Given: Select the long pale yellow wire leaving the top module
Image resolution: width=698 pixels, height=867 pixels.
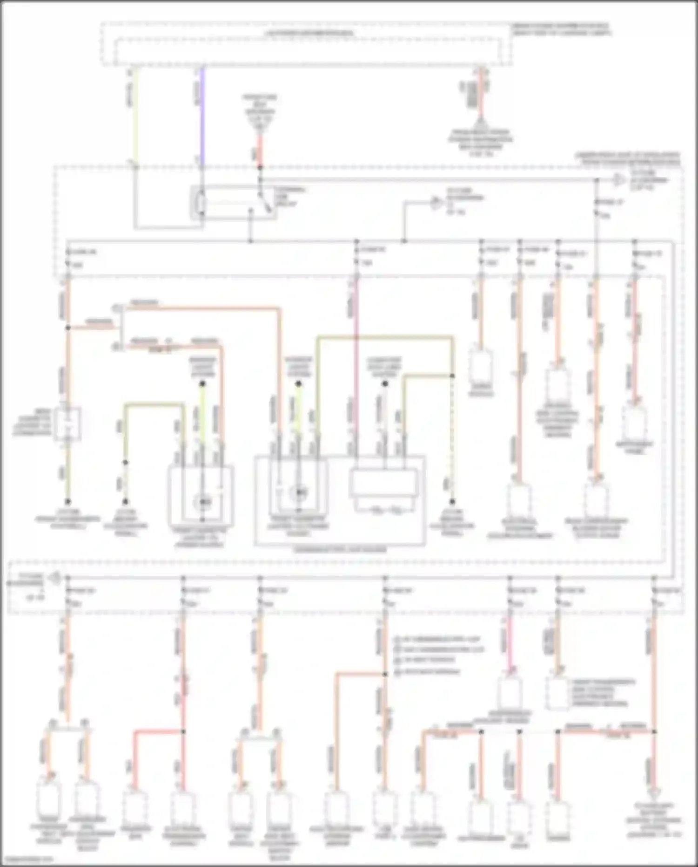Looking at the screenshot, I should [x=134, y=116].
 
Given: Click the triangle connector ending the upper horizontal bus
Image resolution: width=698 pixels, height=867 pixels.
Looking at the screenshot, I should [x=618, y=179].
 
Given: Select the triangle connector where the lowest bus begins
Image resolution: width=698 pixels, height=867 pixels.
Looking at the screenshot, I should [x=55, y=578].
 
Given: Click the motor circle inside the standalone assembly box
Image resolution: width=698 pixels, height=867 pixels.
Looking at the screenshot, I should [x=203, y=501].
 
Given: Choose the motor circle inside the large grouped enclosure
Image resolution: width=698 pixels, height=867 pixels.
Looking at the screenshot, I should [x=298, y=492].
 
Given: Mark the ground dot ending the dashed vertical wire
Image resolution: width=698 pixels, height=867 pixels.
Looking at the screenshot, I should [x=451, y=502].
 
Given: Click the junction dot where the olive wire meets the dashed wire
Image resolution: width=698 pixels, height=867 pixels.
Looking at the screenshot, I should [x=451, y=375].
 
